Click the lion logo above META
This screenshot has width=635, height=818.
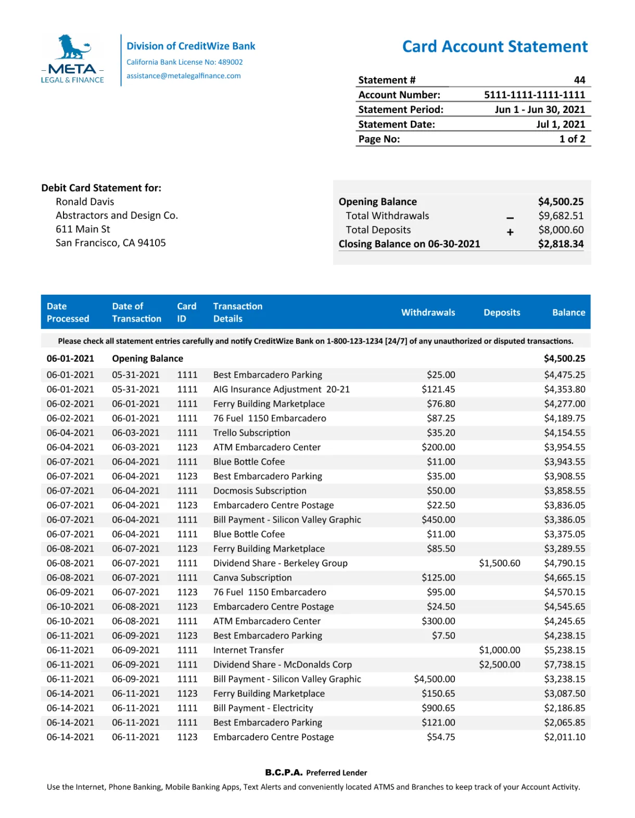[73, 47]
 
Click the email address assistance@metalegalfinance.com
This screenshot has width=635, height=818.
[183, 76]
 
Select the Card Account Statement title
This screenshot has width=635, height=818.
[494, 47]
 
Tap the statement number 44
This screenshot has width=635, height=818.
[579, 80]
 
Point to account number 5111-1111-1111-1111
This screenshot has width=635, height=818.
[534, 95]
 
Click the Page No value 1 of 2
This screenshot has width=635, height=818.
[572, 139]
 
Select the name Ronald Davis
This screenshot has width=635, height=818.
[85, 202]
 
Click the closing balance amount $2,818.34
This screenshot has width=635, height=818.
[561, 244]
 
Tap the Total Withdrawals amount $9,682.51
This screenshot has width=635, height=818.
[561, 216]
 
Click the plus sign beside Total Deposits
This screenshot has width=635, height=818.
[510, 232]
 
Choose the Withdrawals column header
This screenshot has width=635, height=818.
[428, 312]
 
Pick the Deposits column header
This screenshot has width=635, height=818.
[502, 312]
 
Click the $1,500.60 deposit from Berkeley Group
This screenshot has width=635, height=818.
[499, 563]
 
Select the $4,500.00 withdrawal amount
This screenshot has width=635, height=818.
[434, 679]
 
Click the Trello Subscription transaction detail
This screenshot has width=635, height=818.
[251, 433]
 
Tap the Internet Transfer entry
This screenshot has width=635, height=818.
[248, 650]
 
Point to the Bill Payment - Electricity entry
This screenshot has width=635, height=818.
[263, 708]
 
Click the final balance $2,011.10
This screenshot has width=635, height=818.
[564, 737]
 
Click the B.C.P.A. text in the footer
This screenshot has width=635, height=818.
[284, 773]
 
